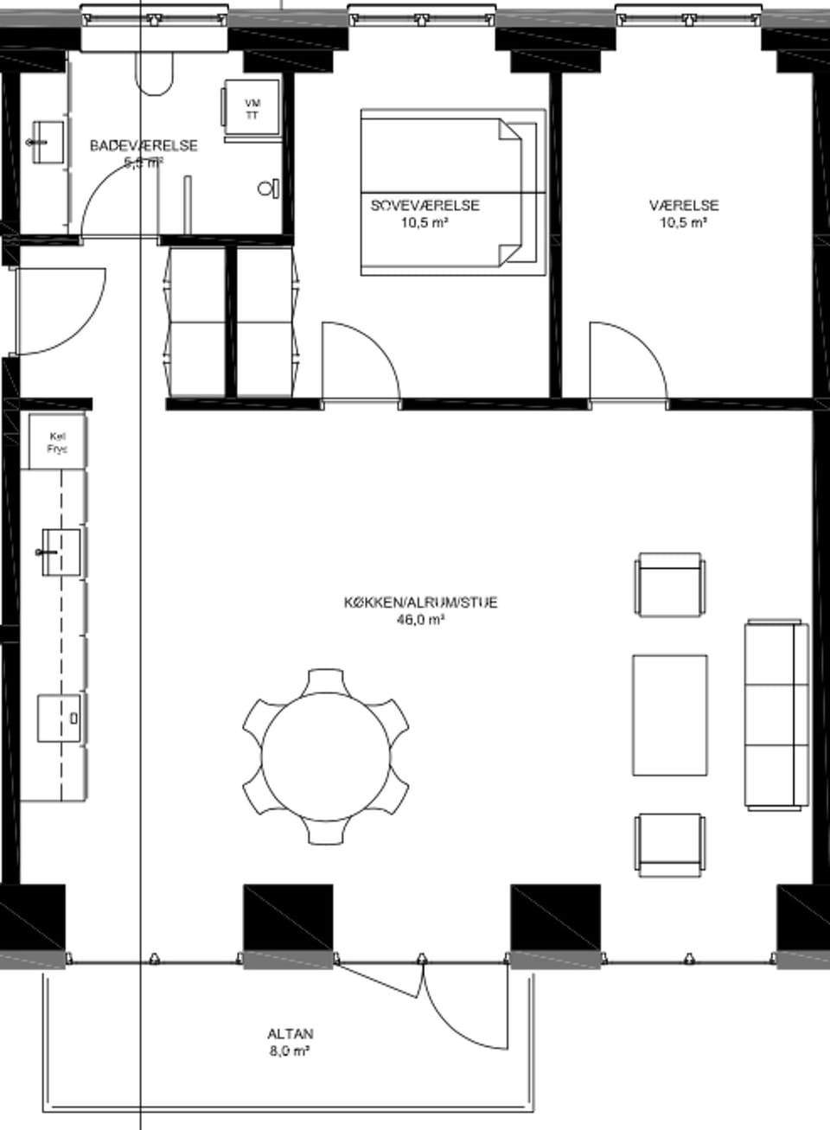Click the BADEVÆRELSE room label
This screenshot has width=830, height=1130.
[x=144, y=145]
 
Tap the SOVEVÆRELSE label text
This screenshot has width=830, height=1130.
[x=425, y=206]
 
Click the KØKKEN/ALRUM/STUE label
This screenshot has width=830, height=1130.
[x=420, y=603]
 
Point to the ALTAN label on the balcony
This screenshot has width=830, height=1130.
[x=290, y=1033]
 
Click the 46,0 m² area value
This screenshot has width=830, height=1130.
[x=419, y=620]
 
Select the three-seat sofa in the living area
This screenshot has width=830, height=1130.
[x=776, y=714]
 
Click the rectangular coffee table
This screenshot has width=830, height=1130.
[x=670, y=715]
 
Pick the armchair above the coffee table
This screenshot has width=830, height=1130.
[x=670, y=585]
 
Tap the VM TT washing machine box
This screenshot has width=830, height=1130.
[x=252, y=109]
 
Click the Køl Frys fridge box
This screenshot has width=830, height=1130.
[x=57, y=442]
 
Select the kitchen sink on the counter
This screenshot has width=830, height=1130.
[x=59, y=552]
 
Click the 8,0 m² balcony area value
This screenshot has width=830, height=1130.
[x=290, y=1051]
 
